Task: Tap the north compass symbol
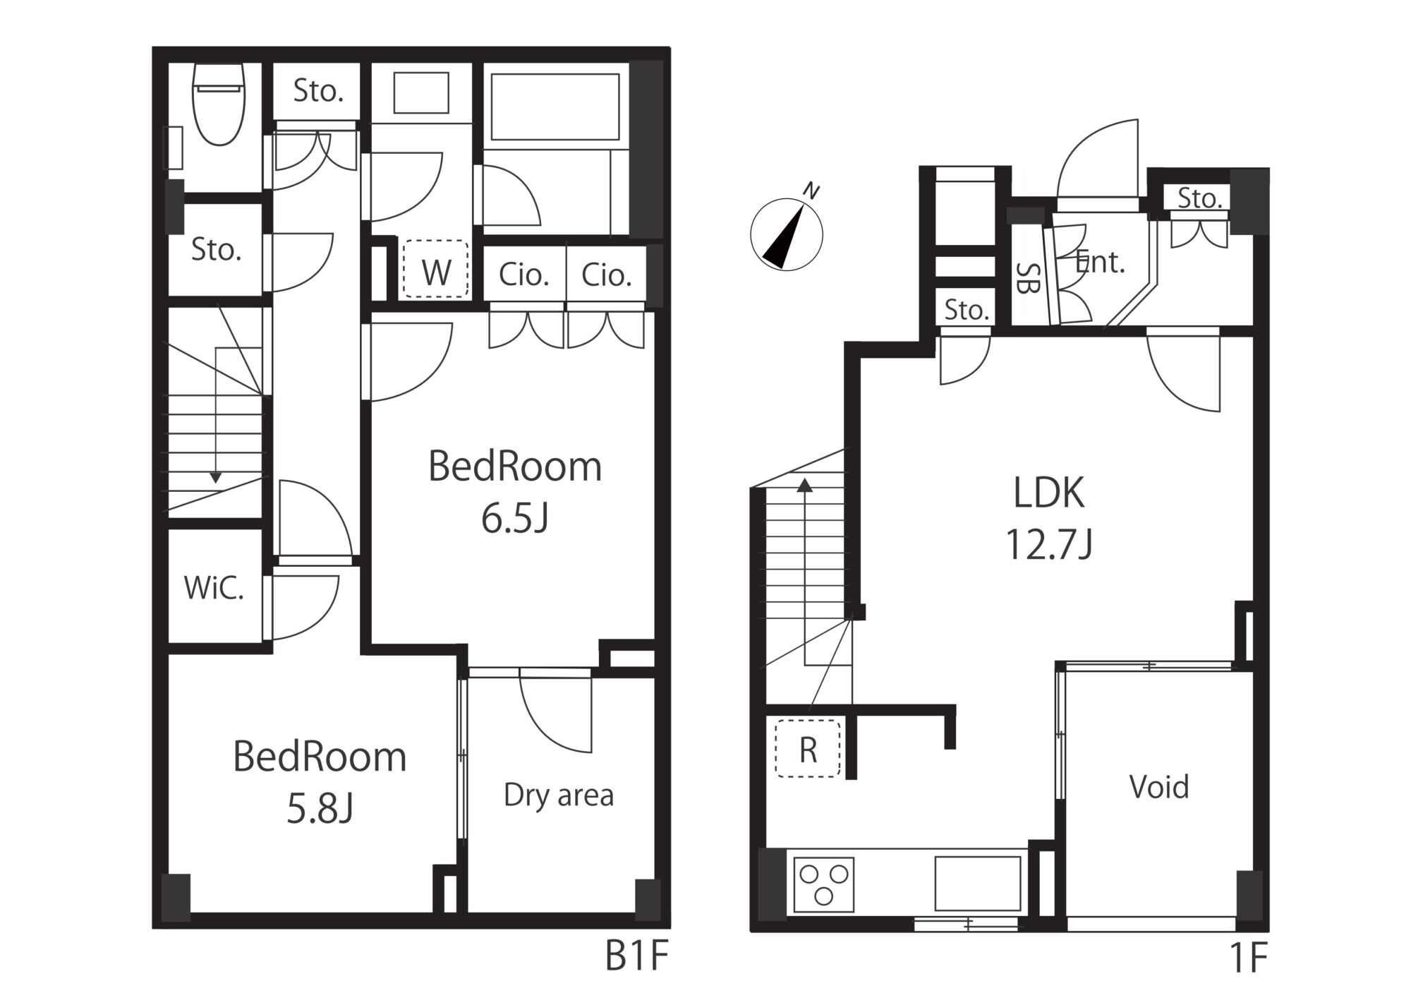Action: (787, 232)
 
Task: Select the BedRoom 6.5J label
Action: (515, 493)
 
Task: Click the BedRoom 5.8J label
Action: (320, 782)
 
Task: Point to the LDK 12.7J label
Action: (1049, 518)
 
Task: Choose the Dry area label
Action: (559, 795)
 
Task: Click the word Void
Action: (1159, 786)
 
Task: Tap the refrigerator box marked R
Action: (808, 748)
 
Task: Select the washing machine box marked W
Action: (435, 269)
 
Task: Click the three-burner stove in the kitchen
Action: (823, 884)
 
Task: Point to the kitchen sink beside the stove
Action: (978, 884)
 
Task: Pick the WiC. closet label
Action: (214, 588)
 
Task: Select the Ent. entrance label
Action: (1099, 263)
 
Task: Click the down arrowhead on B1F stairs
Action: (215, 478)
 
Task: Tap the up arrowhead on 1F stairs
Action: (805, 484)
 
